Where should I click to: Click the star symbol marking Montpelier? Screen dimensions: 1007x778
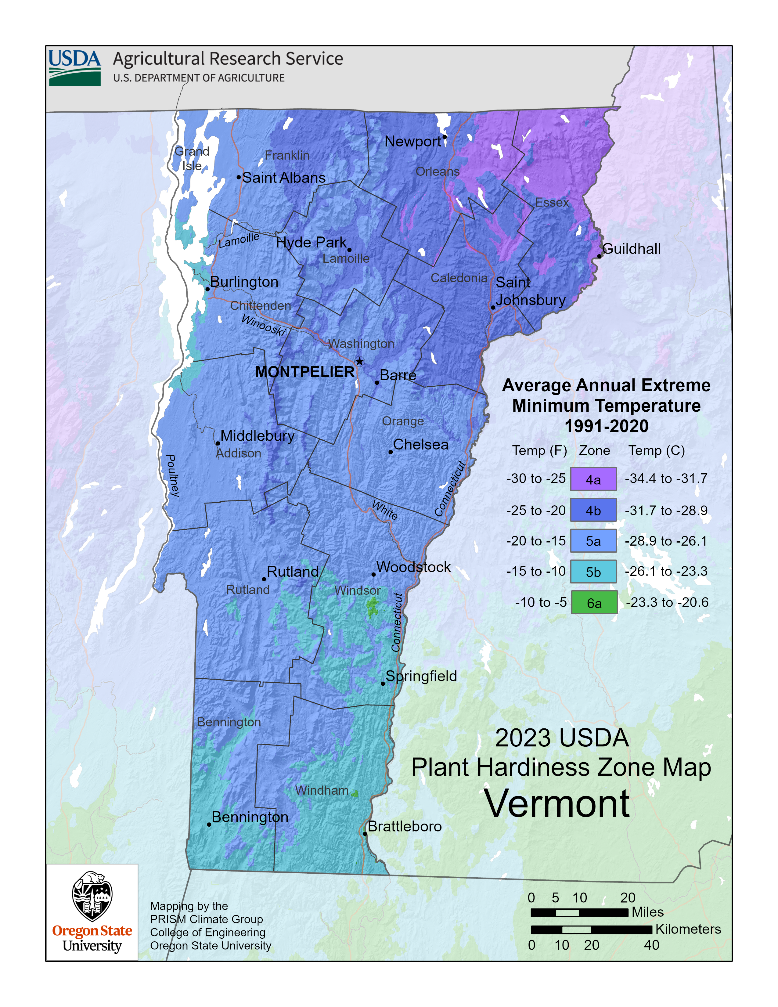click(359, 362)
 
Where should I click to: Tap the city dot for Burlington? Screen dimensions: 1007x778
click(207, 289)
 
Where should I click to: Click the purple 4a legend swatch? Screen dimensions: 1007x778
click(593, 479)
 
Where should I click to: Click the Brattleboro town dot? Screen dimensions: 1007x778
click(365, 834)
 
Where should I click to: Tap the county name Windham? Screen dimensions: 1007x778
click(322, 790)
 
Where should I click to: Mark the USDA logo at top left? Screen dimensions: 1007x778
click(75, 68)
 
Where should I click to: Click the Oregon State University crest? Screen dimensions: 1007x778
click(92, 896)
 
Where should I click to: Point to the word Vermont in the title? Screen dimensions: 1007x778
click(557, 804)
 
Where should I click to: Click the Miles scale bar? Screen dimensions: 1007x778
click(579, 912)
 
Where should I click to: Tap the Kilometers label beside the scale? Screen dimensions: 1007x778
click(688, 929)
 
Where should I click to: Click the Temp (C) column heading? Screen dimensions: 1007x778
click(656, 450)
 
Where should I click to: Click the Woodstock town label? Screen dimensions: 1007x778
click(413, 567)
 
